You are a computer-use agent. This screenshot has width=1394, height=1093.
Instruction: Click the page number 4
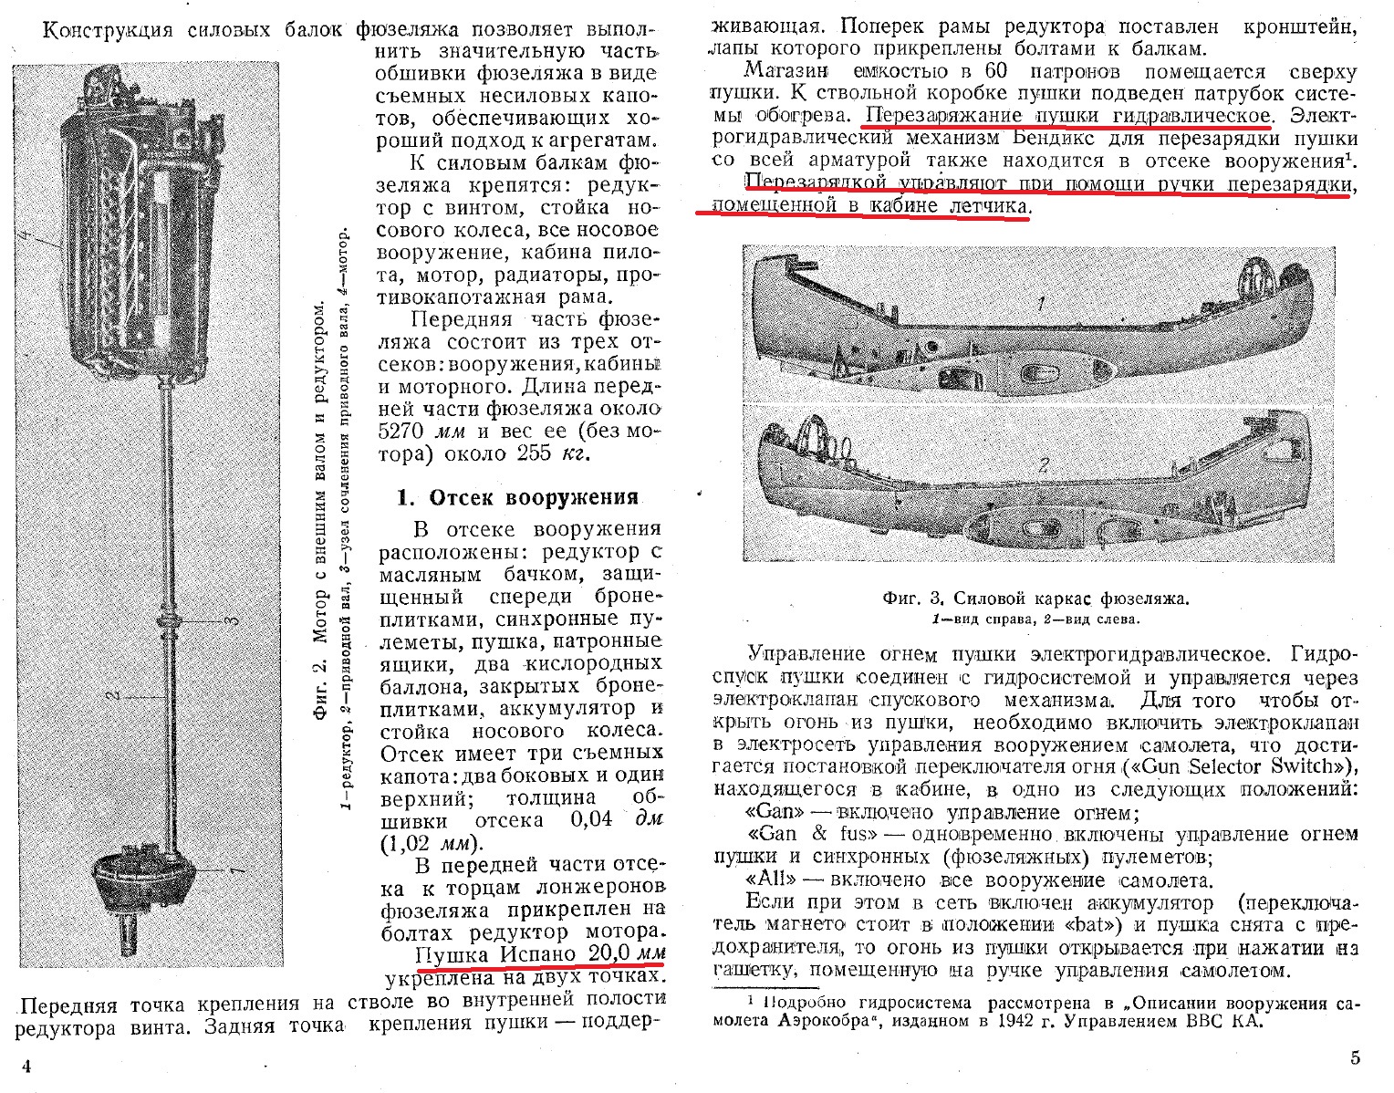click(x=26, y=1067)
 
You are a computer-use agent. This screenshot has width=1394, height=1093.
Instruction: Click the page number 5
click(x=1355, y=1058)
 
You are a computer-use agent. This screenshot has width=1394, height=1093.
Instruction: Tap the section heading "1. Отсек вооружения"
click(x=517, y=497)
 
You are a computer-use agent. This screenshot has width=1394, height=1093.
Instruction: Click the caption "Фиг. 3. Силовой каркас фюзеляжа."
click(x=1035, y=599)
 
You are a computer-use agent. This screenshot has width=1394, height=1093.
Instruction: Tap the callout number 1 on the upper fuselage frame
click(x=1041, y=301)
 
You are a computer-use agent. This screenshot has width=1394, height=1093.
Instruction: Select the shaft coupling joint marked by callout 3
click(x=170, y=623)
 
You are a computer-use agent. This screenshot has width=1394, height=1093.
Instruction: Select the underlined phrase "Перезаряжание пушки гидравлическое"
click(x=1067, y=116)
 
